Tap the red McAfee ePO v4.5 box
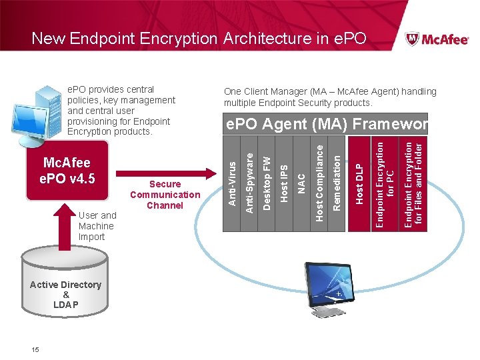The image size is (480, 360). click(x=66, y=171)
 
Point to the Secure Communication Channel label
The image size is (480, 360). click(x=165, y=195)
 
